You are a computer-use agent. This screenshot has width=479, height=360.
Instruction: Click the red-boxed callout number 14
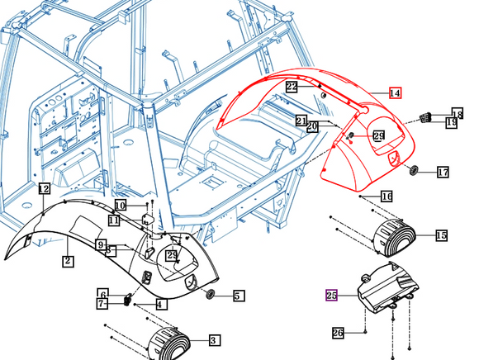[x=395, y=93]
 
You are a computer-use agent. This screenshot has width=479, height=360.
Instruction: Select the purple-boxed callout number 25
[x=332, y=295]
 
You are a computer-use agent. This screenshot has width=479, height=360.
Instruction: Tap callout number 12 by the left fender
[x=44, y=190]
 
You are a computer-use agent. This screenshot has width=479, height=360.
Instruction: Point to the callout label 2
[x=68, y=261]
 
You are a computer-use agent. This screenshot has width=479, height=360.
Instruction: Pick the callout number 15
[x=441, y=236]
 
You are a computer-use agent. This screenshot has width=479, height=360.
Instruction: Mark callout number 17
[x=443, y=173]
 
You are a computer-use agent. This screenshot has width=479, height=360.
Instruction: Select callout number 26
[x=338, y=333]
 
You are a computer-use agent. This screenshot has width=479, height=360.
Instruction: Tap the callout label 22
[x=292, y=87]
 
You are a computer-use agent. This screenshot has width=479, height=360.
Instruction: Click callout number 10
[x=121, y=205]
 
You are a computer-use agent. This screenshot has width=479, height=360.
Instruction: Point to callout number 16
[x=387, y=196]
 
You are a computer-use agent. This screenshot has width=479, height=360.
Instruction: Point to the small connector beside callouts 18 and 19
[x=428, y=116]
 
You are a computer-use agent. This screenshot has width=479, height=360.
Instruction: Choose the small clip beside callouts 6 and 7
[x=128, y=298]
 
